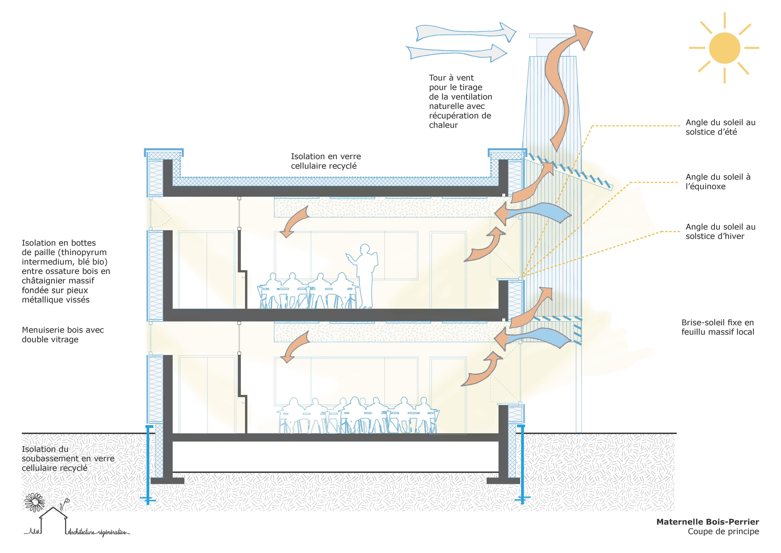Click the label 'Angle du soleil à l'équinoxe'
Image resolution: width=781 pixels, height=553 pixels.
(x=718, y=181)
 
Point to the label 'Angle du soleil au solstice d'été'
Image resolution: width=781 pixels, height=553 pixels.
(x=720, y=127)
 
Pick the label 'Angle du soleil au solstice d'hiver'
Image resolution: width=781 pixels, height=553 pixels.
(x=720, y=232)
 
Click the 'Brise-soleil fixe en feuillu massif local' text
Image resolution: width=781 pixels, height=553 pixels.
(x=717, y=327)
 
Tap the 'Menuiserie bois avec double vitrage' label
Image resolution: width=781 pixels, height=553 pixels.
(x=63, y=335)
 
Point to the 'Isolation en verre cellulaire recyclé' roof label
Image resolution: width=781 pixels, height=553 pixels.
(x=325, y=161)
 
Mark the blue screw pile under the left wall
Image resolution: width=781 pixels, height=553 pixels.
(x=148, y=463)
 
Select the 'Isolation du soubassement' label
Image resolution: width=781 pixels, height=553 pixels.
(x=68, y=459)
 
